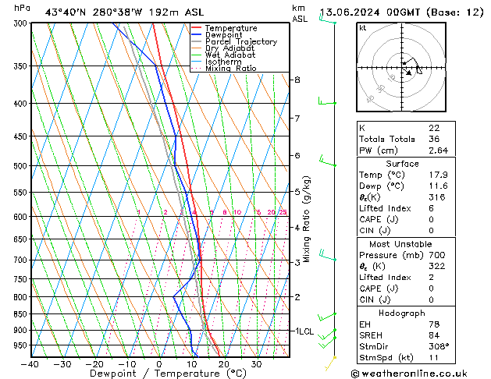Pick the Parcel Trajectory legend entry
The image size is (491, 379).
pos(240,42)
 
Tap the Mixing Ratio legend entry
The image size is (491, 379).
pos(231,69)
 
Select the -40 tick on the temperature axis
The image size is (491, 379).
pos(31,364)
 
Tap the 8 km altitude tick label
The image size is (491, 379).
pos(297,80)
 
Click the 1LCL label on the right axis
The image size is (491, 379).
pos(304,331)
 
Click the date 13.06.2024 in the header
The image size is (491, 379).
pos(354,12)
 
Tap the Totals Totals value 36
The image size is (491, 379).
pos(433,139)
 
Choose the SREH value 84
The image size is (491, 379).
pos(433,335)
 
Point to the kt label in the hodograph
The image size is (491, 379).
pos(362,28)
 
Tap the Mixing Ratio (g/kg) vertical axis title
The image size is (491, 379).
pos(308,219)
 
